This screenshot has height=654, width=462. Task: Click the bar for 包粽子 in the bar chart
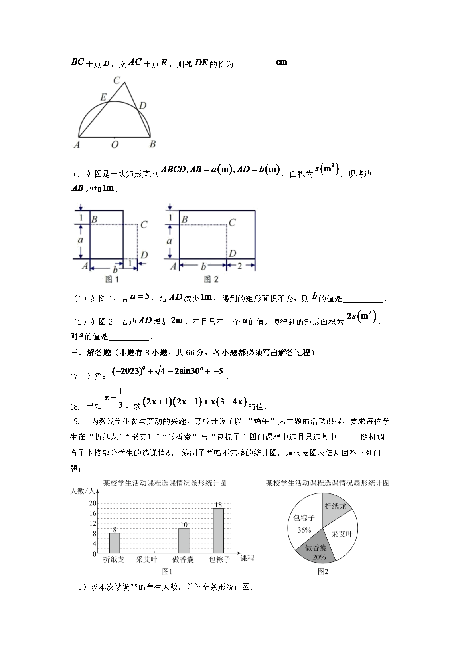(218, 531)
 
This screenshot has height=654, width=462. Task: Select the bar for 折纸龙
(115, 543)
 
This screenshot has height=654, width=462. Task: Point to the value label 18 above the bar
(218, 505)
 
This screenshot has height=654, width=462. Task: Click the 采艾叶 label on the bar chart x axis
(147, 559)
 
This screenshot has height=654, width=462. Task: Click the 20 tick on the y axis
(93, 503)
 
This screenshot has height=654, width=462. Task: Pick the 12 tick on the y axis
(93, 523)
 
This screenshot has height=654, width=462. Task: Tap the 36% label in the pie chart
(304, 530)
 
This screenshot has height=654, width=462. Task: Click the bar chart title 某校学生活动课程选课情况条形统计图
(165, 483)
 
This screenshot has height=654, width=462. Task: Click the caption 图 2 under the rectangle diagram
(211, 279)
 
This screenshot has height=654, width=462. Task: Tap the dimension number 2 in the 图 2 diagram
(240, 266)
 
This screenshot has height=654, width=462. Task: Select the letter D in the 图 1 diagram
(144, 255)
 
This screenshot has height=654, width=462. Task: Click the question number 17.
(75, 376)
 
